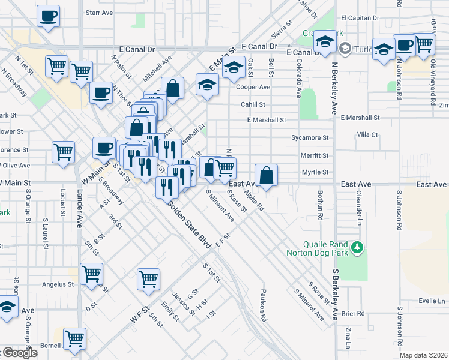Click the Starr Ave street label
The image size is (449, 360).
pyautogui.click(x=100, y=12)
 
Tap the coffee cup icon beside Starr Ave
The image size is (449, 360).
pyautogui.click(x=49, y=16)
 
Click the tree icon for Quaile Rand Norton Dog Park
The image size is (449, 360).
pyautogui.click(x=358, y=247)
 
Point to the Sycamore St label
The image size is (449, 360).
pyautogui.click(x=310, y=137)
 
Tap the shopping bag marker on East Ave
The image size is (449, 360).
pyautogui.click(x=267, y=175)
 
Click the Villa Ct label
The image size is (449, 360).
pyautogui.click(x=367, y=135)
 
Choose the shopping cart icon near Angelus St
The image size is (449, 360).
pyautogui.click(x=91, y=274)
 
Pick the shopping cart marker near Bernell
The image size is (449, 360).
pyautogui.click(x=75, y=338)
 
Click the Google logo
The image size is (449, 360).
pyautogui.click(x=19, y=353)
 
